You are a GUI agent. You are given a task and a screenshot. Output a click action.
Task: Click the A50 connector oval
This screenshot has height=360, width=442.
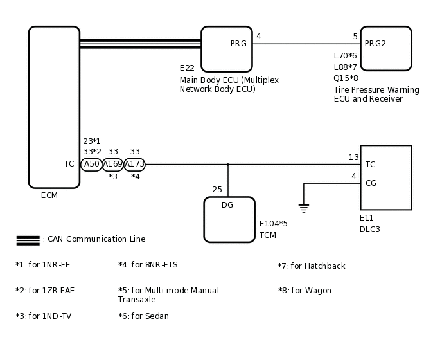pos(91,165)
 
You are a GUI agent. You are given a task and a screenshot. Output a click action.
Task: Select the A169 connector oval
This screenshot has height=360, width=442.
pos(113,165)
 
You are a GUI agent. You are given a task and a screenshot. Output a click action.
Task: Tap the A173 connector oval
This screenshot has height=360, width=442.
pos(134,165)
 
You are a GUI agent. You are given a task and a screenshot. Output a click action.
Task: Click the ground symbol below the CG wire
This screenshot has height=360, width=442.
pos(304,208)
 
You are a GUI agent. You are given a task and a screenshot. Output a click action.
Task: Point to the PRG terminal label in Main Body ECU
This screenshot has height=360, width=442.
pos(238,44)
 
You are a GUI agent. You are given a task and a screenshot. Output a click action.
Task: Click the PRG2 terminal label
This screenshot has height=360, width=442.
pos(375,44)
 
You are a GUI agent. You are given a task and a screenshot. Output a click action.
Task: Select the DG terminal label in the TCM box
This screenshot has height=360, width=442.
pos(227,205)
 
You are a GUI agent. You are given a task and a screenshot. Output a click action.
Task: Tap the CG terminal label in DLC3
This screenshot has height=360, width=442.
pos(371,183)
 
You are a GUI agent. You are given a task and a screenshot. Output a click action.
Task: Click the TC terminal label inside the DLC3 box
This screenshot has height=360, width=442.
pos(371,165)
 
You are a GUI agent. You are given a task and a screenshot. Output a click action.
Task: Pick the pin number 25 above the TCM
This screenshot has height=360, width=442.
pos(217,190)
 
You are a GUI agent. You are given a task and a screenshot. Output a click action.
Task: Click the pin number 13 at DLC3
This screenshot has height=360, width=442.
pos(353,157)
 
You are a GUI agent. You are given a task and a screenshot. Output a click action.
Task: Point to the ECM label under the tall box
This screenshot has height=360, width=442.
pos(49,195)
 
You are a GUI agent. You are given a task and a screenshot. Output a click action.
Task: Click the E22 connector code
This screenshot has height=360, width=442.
pos(187,68)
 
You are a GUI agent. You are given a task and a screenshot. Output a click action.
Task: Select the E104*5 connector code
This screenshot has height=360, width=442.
pos(273,224)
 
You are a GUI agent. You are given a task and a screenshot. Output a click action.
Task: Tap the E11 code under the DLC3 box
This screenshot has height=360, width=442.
pos(367,218)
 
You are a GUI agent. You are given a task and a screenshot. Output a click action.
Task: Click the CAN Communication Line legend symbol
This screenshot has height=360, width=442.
pos(28,240)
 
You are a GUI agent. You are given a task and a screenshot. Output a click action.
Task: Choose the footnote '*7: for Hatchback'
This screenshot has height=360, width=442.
pos(311,266)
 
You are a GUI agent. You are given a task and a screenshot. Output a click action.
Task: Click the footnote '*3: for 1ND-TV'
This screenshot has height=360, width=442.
pos(43,316)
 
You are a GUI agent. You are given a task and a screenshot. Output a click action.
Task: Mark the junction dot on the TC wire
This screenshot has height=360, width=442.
pos(227,165)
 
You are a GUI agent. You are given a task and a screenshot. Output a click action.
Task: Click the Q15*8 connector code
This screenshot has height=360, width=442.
pos(346,78)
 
